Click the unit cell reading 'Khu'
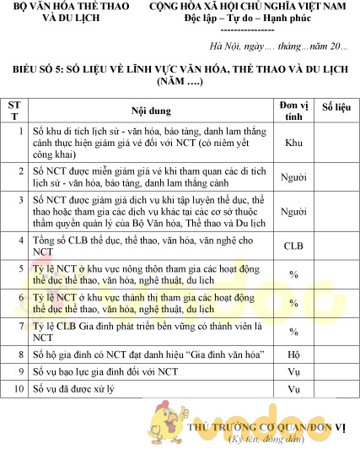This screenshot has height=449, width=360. click(293, 143)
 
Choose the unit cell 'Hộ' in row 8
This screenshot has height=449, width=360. click(293, 355)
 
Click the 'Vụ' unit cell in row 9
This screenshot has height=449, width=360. click(293, 372)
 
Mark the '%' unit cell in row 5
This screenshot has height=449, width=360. click(293, 275)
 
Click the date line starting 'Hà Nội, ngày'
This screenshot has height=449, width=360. click(278, 46)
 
